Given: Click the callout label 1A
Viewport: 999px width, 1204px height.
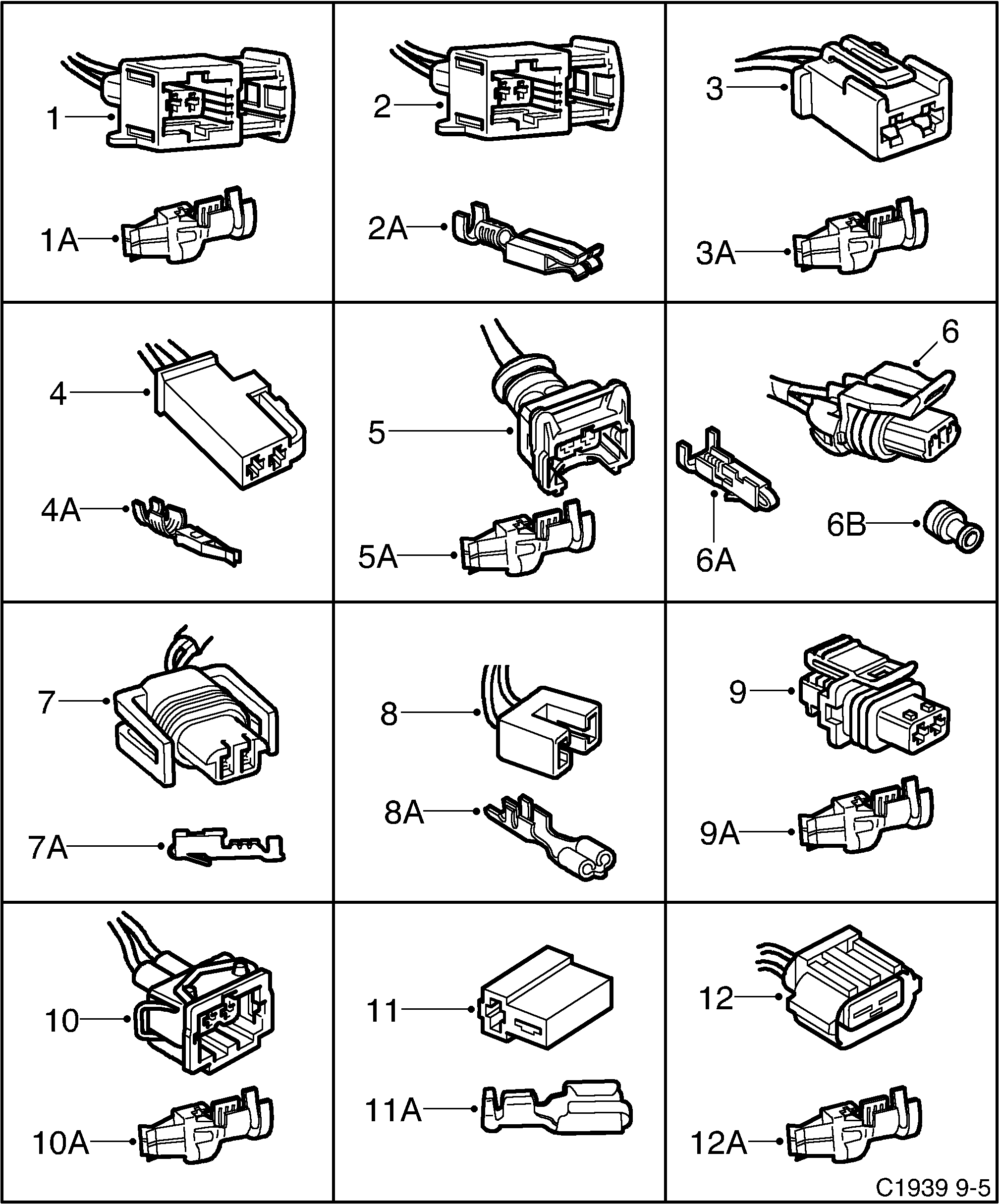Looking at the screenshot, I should [59, 240].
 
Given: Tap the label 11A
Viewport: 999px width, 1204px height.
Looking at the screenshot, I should [393, 1110].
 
